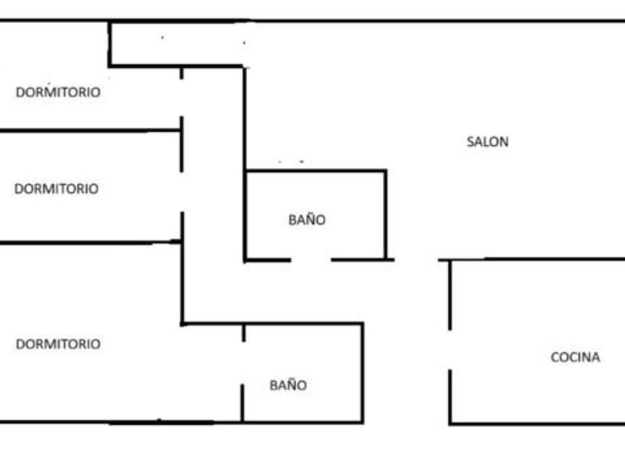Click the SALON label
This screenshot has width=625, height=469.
[487, 141]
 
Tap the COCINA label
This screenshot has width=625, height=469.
[574, 357]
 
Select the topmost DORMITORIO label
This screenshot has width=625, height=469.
[58, 92]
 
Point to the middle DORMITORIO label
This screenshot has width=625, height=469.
[56, 189]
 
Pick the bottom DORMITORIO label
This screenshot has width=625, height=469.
[58, 345]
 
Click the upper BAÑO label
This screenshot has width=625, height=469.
[307, 220]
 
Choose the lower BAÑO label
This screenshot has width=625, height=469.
[288, 386]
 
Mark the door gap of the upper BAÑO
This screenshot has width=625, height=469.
[310, 260]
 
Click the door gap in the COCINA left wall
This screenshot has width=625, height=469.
[449, 350]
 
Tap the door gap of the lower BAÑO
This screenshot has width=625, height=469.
[243, 363]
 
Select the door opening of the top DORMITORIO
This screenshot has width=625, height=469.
[182, 97]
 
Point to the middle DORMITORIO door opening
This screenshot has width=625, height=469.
[182, 191]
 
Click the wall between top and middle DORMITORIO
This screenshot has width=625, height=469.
[89, 130]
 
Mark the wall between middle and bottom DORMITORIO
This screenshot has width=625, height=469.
[89, 242]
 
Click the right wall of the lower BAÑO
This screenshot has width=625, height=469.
[362, 372]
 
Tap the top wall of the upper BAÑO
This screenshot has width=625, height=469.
[315, 171]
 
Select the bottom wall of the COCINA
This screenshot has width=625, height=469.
[536, 424]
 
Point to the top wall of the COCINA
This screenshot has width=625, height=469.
[536, 259]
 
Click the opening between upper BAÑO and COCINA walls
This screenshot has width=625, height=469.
[416, 260]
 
